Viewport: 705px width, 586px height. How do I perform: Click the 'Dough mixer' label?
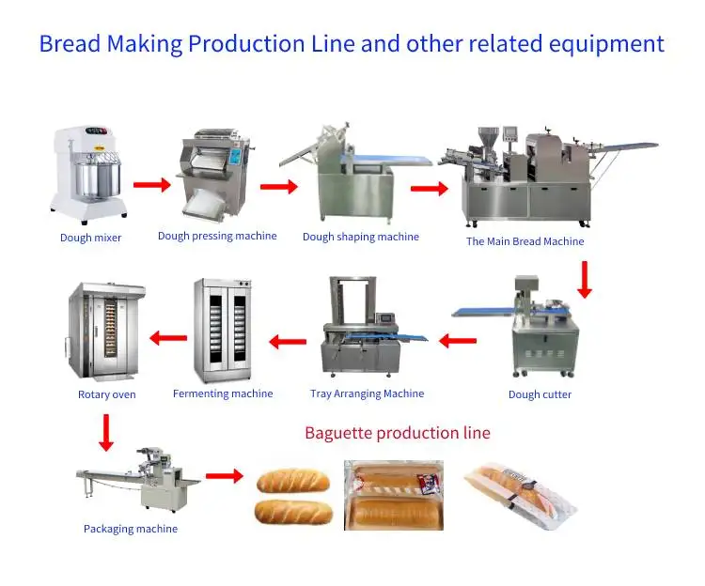[90, 238]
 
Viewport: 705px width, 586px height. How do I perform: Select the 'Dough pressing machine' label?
[217, 236]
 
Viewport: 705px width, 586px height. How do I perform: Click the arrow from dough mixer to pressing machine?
[151, 184]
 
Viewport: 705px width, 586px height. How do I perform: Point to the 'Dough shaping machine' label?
[360, 237]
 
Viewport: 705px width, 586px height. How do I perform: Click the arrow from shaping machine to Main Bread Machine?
[429, 189]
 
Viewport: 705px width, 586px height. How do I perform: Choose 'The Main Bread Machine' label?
[525, 241]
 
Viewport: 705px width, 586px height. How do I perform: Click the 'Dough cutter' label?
[540, 394]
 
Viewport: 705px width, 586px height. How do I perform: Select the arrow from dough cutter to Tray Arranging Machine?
[458, 340]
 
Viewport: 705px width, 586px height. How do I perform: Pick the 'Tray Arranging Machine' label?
[367, 393]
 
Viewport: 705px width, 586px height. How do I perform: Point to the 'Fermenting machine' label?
[223, 393]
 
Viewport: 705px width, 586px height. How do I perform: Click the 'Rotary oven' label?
[106, 394]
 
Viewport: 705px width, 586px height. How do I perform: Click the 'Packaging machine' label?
[131, 529]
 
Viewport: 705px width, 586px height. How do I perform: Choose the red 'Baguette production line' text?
[398, 433]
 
